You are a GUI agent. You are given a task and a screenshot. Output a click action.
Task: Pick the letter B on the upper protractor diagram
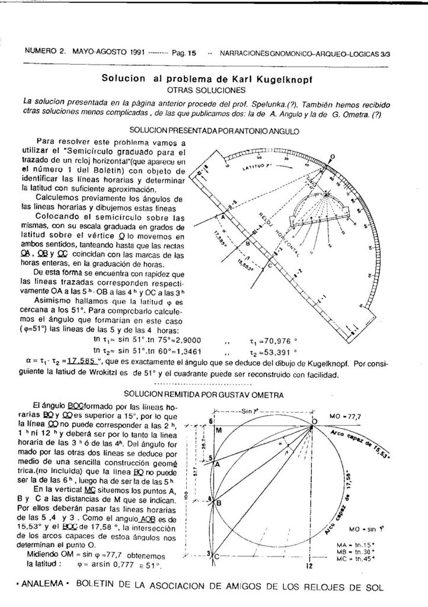click(248, 243)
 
